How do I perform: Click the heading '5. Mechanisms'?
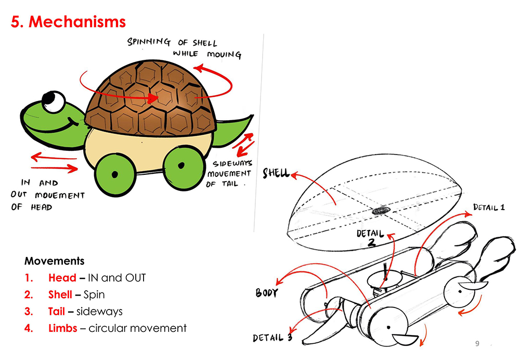(68, 22)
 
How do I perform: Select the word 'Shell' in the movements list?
(60, 294)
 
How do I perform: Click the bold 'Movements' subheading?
(54, 261)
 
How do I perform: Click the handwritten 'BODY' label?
(267, 293)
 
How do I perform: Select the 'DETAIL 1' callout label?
(488, 208)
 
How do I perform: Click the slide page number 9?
(478, 344)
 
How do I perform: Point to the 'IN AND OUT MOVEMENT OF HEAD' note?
(46, 195)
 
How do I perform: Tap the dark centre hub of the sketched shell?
(381, 210)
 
